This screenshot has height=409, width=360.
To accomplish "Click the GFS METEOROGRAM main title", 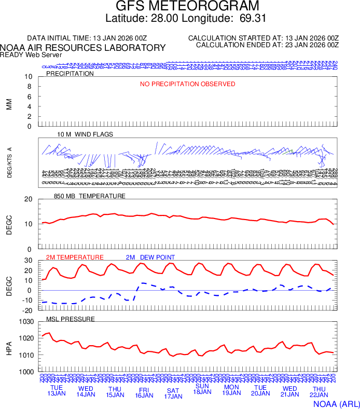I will point(187,7).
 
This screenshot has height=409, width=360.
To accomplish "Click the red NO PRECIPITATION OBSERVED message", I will point(188,84).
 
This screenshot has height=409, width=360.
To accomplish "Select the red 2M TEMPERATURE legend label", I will point(75,257).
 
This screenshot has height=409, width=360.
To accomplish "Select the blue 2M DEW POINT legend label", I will point(150,257).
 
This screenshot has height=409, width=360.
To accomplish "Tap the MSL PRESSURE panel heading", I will point(71,319).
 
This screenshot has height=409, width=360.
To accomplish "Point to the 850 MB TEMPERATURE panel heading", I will point(90,196).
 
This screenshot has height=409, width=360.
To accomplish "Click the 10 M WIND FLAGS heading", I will point(85,134).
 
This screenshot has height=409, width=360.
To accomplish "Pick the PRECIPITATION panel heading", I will point(70,74).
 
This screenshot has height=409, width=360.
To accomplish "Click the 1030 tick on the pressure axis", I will point(26,322).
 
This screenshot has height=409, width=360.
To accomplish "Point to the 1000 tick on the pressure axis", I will point(26,372).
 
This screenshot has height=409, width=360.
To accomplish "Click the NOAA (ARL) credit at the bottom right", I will point(336,403).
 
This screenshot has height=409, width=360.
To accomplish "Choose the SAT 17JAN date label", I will point(173,393).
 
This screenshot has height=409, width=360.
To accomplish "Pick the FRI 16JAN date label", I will point(144,392).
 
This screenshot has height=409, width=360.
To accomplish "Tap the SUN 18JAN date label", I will point(202,389).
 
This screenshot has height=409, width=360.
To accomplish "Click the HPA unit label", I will point(9,347).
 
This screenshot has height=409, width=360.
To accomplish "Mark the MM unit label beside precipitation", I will point(9,104).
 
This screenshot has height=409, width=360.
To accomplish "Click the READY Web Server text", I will point(31,54).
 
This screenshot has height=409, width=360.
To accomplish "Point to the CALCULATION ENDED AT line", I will point(267,45).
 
